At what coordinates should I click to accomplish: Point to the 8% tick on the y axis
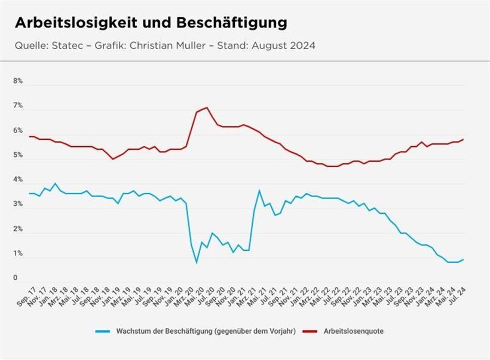pos(18,81)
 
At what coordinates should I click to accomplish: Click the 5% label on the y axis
pos(18,155)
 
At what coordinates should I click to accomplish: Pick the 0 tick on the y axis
pos(16,278)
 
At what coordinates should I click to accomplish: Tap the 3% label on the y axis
pos(18,205)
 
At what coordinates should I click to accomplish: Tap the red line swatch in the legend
pos(310,330)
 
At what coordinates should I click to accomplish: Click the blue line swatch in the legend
pos(102,330)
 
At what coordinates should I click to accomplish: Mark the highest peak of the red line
pos(207,107)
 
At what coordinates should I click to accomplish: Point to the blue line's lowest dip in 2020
pos(197,262)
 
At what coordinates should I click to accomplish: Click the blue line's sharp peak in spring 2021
pos(259,190)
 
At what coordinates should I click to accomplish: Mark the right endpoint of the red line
pos(463,139)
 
